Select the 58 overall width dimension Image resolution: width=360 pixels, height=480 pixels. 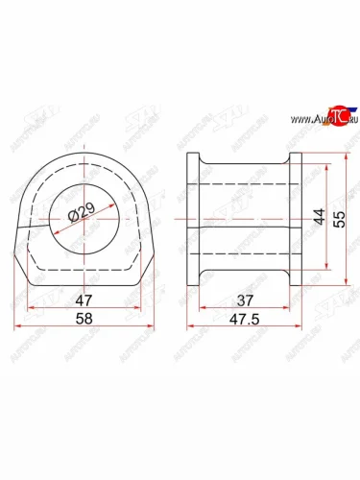point(84,318)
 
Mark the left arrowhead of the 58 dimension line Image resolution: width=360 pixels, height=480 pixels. point(17,326)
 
